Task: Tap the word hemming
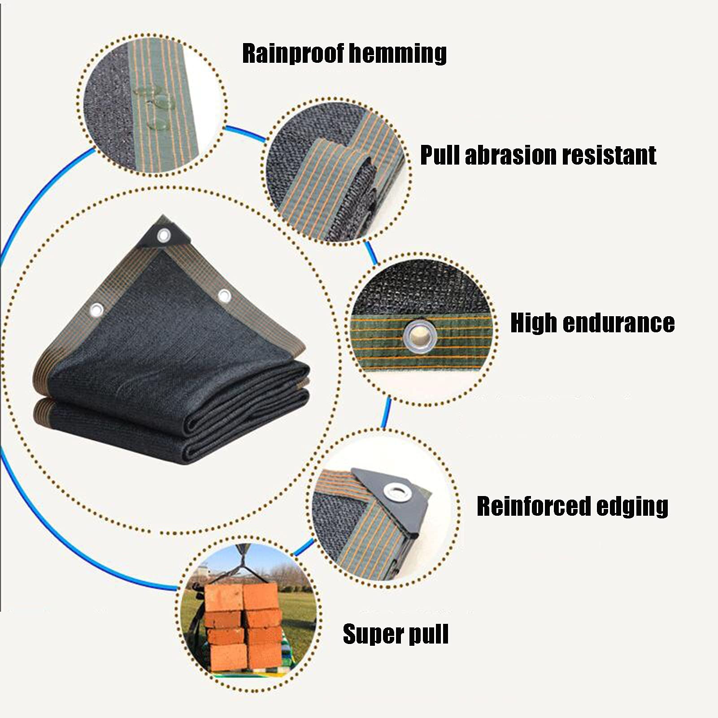point(397,54)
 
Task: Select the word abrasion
point(511,155)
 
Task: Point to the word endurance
point(618,323)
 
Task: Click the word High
point(534,323)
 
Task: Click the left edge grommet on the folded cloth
point(96,309)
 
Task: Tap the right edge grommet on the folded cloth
point(224,296)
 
